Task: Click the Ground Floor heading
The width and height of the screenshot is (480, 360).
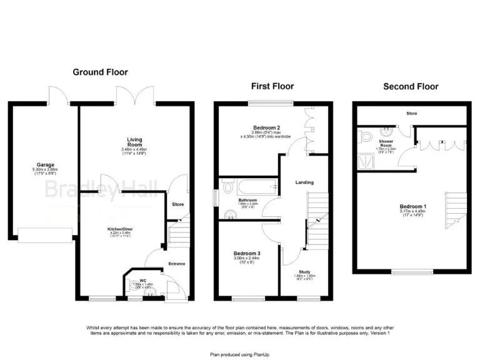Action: [x=96, y=72]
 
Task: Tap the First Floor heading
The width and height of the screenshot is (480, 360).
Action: [x=272, y=86]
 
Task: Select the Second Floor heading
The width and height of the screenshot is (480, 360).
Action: [x=411, y=86]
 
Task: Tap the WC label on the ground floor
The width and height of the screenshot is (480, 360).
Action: [x=142, y=281]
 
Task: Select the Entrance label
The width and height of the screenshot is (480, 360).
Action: [x=176, y=264]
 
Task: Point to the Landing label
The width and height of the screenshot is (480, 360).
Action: [x=304, y=182]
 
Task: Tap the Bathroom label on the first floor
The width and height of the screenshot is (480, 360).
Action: [x=248, y=200]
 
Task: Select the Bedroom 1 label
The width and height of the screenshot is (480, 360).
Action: [x=412, y=207]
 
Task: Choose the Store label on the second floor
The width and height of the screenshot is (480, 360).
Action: [x=411, y=114]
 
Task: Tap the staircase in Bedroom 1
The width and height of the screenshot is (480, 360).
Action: [x=456, y=211]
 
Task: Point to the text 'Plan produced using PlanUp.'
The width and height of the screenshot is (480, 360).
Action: [x=239, y=354]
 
